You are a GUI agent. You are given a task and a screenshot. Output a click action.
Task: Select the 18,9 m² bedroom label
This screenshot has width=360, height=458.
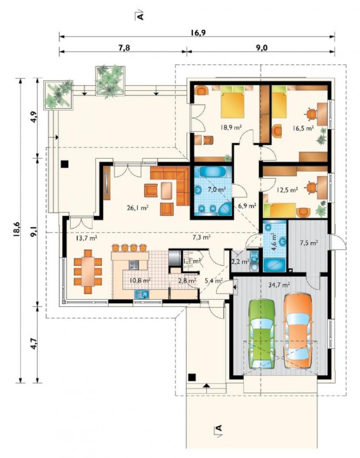pos(231,127)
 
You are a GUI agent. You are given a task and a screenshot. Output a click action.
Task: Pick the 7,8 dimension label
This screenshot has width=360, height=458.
pos(124,47)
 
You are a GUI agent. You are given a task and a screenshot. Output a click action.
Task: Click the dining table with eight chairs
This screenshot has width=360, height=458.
pos(88,271)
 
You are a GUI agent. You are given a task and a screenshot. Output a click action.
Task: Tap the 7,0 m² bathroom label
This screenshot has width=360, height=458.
pos(217,189)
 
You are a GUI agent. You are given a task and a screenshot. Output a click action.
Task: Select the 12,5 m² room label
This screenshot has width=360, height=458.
pos(287,190)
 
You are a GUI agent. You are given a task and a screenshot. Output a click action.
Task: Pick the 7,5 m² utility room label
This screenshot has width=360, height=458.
pos(309,242)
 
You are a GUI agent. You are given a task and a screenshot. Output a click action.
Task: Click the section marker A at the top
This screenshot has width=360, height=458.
pos(141,16)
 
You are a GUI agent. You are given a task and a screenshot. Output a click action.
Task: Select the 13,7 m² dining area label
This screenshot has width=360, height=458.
pos(87,238)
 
